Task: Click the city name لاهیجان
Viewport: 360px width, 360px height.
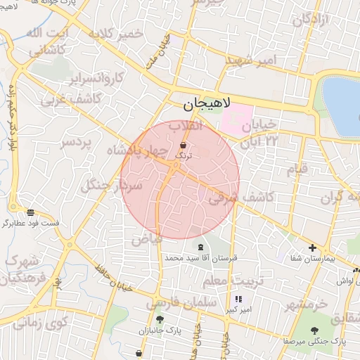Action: [211, 105]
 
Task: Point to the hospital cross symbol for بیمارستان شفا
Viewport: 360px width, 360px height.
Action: [312, 247]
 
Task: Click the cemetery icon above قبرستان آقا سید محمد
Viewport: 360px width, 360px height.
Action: [202, 247]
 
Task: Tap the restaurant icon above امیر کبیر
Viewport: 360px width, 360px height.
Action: [247, 299]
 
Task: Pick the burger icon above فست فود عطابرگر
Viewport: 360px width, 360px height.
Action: [30, 212]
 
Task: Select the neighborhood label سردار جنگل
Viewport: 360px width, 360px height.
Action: [112, 186]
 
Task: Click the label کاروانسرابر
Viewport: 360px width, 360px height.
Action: [98, 77]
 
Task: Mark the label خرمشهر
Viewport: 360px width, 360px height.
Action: [307, 304]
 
